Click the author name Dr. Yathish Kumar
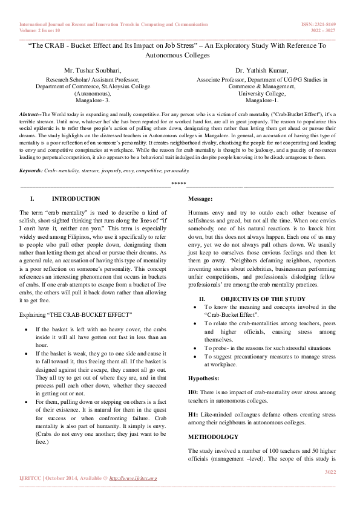[261, 71]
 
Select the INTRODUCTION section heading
[76, 199]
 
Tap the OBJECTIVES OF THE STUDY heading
[263, 299]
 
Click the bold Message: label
[200, 199]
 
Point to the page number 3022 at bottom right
[330, 472]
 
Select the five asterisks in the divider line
[178, 184]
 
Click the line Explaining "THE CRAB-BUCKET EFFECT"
[76, 315]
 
